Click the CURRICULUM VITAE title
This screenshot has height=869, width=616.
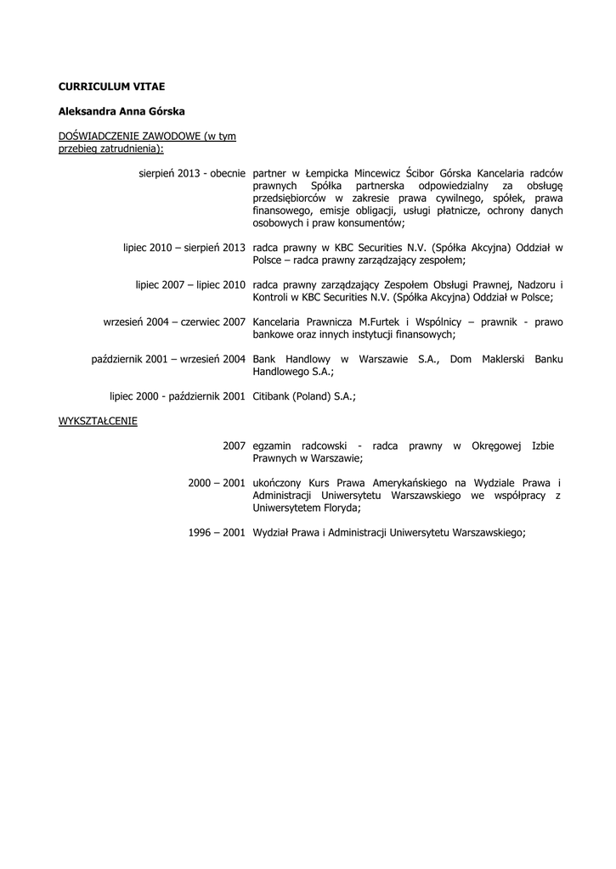point(111,87)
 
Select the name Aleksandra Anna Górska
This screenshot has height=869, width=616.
point(122,111)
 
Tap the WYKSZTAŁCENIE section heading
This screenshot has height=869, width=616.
point(98,421)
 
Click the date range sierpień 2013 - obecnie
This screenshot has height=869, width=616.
point(192,173)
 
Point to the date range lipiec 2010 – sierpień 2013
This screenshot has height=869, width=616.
point(184,247)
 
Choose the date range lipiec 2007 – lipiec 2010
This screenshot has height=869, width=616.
point(190,284)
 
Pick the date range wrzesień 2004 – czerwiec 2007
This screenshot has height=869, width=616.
point(174,322)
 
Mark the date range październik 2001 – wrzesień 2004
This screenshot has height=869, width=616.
point(168,359)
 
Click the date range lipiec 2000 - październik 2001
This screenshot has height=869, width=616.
point(178,396)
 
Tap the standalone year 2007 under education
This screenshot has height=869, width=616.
point(235,446)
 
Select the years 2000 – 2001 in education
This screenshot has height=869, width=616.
point(217,483)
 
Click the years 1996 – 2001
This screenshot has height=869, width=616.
point(217,532)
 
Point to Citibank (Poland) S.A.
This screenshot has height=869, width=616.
point(303,396)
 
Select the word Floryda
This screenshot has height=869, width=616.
point(338,507)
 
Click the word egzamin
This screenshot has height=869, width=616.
point(274,446)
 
